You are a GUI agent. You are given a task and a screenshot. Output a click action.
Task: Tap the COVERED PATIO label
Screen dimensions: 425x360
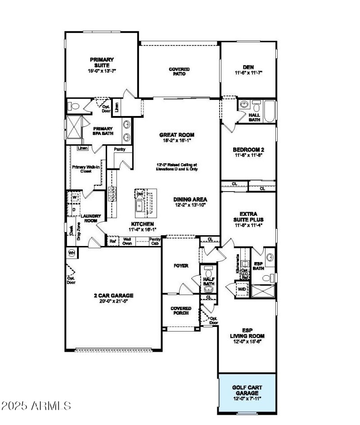pyautogui.click(x=179, y=72)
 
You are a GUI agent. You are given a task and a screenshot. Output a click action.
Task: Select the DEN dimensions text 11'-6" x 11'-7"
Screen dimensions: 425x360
pyautogui.click(x=248, y=72)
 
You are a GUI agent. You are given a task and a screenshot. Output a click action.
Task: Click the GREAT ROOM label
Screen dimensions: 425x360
pyautogui.click(x=177, y=135)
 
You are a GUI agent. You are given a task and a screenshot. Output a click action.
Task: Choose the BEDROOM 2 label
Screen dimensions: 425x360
pyautogui.click(x=248, y=149)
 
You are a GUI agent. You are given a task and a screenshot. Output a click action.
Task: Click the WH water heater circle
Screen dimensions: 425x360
pyautogui.click(x=71, y=253)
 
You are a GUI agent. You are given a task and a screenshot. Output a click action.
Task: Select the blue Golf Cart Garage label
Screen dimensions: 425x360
pyautogui.click(x=247, y=390)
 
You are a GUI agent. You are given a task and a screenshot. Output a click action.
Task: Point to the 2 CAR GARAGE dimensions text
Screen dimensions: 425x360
pyautogui.click(x=113, y=301)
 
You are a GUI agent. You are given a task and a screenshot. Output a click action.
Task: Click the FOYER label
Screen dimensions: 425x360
pyautogui.click(x=181, y=266)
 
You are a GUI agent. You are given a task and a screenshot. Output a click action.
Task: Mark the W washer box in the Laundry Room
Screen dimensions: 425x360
pyautogui.click(x=74, y=197)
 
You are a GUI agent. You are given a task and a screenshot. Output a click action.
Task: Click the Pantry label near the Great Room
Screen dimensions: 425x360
pyautogui.click(x=120, y=149)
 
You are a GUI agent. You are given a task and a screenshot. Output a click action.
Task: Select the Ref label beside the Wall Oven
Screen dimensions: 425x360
pyautogui.click(x=113, y=241)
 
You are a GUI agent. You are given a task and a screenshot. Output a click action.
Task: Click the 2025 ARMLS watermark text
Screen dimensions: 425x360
pyautogui.click(x=36, y=406)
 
